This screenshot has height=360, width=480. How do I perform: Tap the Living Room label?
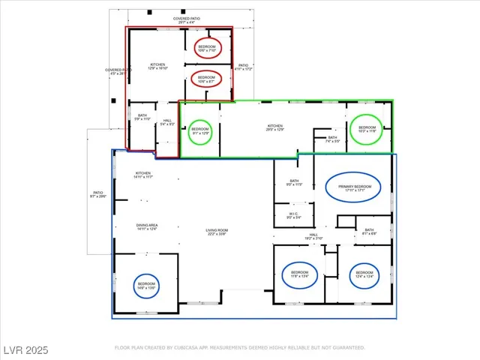[x=217, y=232]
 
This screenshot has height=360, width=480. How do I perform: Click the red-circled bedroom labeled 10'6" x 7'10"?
[x=206, y=48]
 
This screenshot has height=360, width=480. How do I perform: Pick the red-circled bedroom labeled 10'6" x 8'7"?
[x=206, y=78]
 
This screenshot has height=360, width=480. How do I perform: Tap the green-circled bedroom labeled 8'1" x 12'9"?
[x=200, y=131]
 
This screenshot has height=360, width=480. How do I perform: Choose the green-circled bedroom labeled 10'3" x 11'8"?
[x=367, y=129]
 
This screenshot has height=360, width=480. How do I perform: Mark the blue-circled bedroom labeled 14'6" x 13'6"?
[x=146, y=286]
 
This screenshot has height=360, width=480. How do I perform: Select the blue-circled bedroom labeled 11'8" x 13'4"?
[x=299, y=274]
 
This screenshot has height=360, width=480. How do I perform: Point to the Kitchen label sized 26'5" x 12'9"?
[x=276, y=127]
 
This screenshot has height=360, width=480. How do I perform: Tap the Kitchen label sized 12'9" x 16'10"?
[x=157, y=66]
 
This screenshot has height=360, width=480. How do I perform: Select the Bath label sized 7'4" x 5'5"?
[x=332, y=139]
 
